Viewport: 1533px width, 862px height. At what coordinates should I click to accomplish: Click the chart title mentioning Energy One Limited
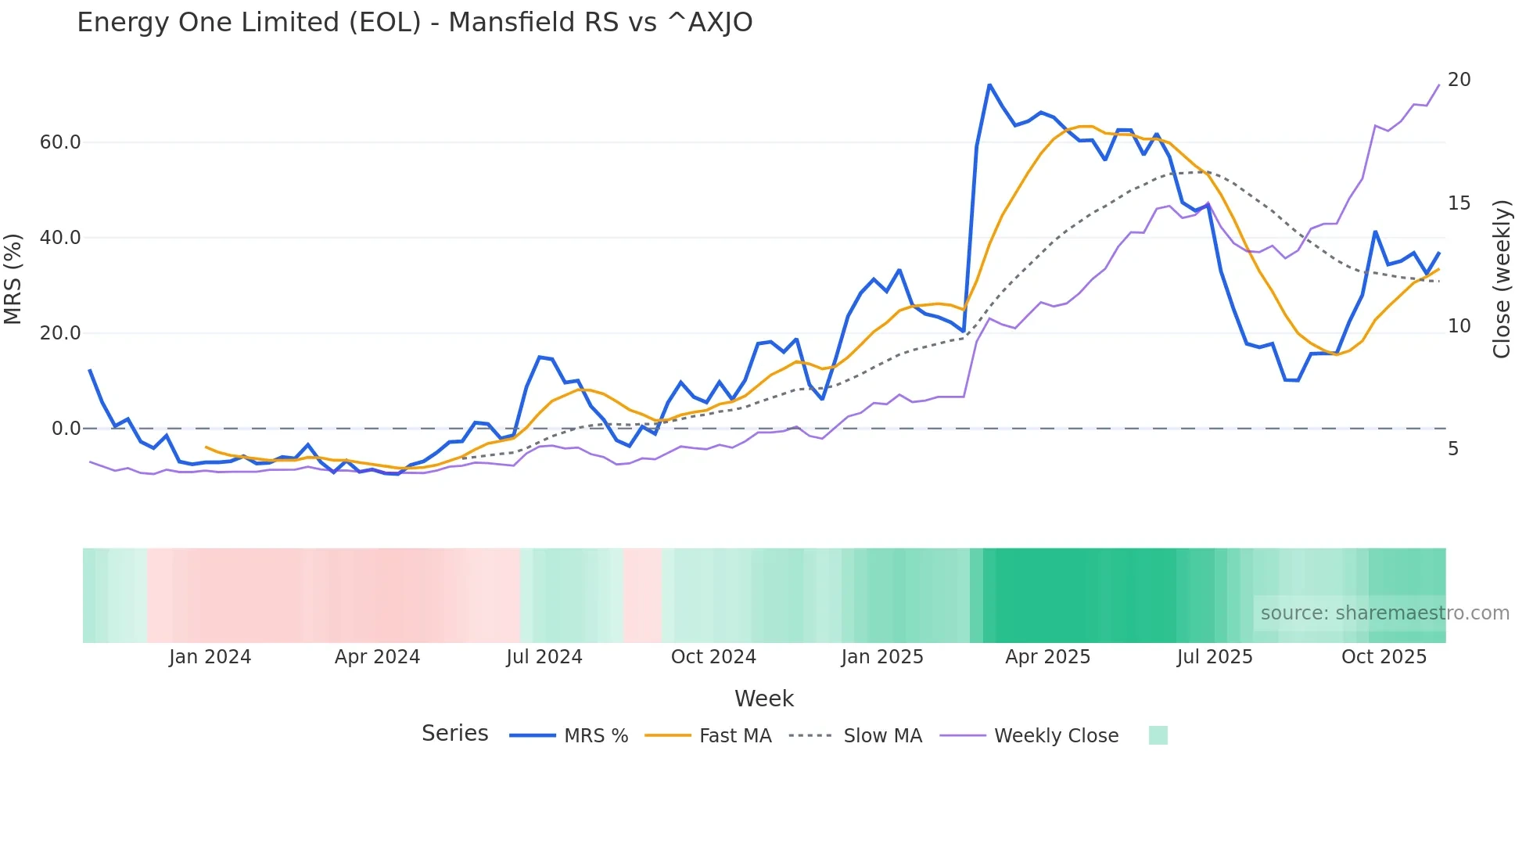click(415, 23)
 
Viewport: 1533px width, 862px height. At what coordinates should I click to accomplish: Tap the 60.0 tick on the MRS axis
click(60, 142)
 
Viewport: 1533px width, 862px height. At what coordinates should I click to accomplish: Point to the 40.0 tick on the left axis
click(60, 238)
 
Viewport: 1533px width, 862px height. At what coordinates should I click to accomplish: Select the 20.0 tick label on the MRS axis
click(60, 333)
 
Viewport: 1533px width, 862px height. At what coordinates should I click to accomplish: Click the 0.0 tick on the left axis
click(66, 429)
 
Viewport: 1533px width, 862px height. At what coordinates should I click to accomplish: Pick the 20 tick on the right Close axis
click(1459, 80)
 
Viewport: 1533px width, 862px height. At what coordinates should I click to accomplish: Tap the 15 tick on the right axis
click(1459, 203)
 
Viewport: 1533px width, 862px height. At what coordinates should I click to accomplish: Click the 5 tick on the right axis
click(1453, 449)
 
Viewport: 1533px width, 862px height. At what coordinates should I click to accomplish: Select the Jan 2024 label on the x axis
click(210, 657)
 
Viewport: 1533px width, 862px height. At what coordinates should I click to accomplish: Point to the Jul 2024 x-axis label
click(544, 657)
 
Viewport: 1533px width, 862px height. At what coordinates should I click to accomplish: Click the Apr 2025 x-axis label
click(1047, 657)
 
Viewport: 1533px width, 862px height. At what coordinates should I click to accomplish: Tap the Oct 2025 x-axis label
click(1384, 657)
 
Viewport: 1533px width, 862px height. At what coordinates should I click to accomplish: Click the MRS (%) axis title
click(13, 278)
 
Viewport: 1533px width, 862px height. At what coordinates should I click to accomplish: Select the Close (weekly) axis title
click(1502, 278)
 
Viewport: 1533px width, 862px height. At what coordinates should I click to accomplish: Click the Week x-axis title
click(763, 699)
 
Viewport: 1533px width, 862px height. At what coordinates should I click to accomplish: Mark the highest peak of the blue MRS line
click(989, 84)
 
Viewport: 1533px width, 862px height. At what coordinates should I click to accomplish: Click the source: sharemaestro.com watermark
click(1384, 613)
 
